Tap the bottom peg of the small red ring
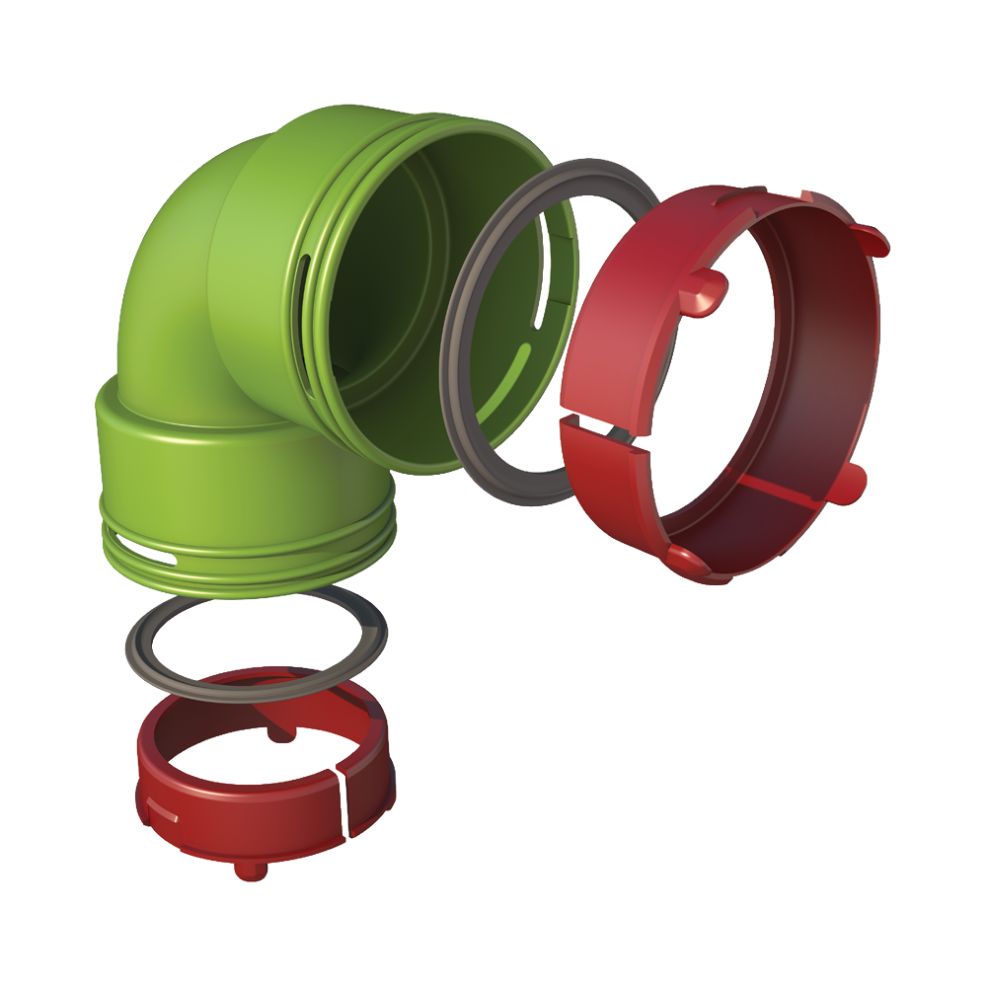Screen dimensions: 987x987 coord(242,870)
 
